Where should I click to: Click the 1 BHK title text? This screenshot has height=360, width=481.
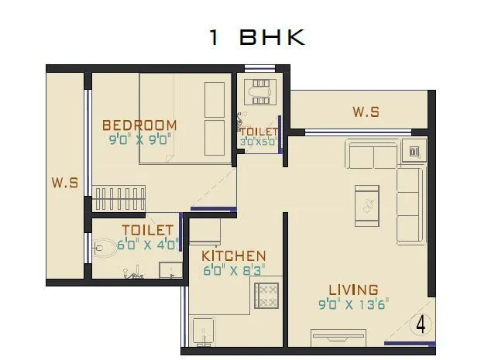[x=257, y=38]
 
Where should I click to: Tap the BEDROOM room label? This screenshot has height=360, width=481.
[x=139, y=125]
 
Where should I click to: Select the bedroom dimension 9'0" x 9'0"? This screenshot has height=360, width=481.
[x=139, y=140]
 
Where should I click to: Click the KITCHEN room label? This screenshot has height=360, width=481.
[x=233, y=256]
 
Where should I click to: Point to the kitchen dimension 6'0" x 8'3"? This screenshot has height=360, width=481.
[x=233, y=271]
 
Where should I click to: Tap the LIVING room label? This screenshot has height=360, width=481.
[x=352, y=290]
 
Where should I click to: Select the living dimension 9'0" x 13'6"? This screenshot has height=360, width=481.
[x=352, y=304]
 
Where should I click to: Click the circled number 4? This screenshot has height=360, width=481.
[x=421, y=324]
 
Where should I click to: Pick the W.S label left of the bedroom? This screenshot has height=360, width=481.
[x=64, y=183]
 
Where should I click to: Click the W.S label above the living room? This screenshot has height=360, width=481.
[x=366, y=112]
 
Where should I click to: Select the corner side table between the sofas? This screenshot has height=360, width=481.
[x=414, y=152]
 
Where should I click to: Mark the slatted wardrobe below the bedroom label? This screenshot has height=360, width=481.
[x=121, y=197]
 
